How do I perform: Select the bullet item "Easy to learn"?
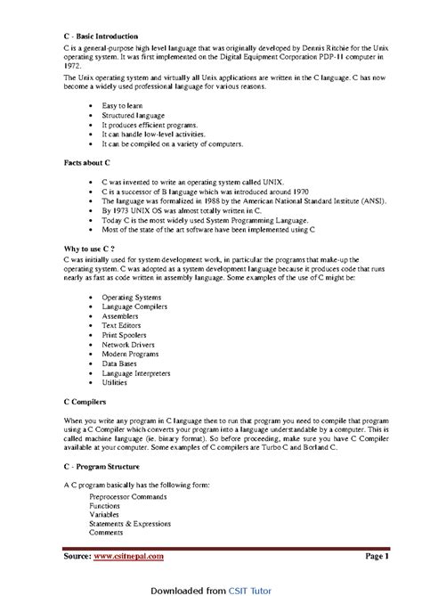pos(122,106)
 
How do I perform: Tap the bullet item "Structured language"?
pos(132,115)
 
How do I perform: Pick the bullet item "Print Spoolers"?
pos(125,335)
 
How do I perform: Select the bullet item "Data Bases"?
pos(120,363)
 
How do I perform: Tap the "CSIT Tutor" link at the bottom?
pos(249,588)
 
